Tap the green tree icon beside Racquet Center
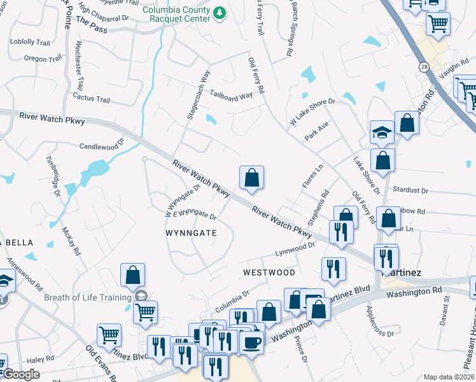point(220,13)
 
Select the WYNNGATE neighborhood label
point(191,234)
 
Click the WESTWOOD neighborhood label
point(269,272)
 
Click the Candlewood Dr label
point(101,146)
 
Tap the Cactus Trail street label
point(92,99)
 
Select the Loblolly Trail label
point(30,42)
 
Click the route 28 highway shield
point(424,66)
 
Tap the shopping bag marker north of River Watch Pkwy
point(252,178)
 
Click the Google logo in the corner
point(20,374)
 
